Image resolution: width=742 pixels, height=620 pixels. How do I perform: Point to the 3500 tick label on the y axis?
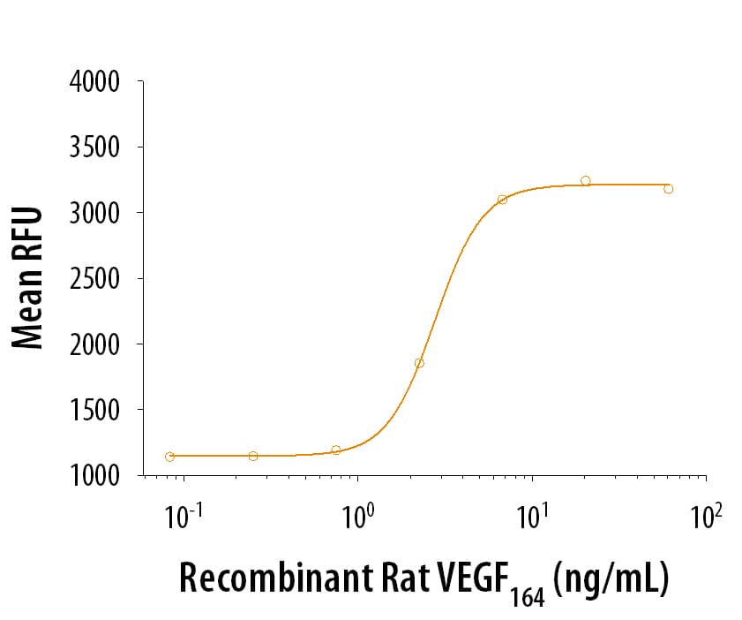click(x=93, y=147)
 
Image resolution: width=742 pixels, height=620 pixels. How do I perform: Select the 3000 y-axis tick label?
click(x=93, y=213)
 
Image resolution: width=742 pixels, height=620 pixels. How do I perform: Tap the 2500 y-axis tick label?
click(x=93, y=279)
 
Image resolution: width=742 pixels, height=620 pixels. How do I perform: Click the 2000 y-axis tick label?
click(x=93, y=344)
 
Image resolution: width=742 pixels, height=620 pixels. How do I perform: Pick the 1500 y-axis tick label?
click(x=93, y=410)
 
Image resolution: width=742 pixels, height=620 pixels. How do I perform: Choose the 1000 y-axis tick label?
click(x=93, y=475)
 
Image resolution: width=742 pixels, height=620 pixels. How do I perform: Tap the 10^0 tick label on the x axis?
click(x=358, y=516)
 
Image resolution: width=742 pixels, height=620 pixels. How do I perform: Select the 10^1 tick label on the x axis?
click(x=532, y=516)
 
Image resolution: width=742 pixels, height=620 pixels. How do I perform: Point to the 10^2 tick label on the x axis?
click(x=706, y=516)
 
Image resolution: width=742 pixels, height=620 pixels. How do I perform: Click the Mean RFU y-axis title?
click(x=29, y=277)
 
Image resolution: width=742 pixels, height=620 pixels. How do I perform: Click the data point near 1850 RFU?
click(x=419, y=363)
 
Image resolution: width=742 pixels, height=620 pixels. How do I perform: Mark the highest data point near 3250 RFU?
click(x=585, y=180)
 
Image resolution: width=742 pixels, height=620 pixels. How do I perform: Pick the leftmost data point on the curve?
click(x=169, y=457)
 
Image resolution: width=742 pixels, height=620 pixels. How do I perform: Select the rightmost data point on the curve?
click(x=669, y=188)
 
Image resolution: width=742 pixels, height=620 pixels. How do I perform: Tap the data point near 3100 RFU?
click(x=502, y=200)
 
